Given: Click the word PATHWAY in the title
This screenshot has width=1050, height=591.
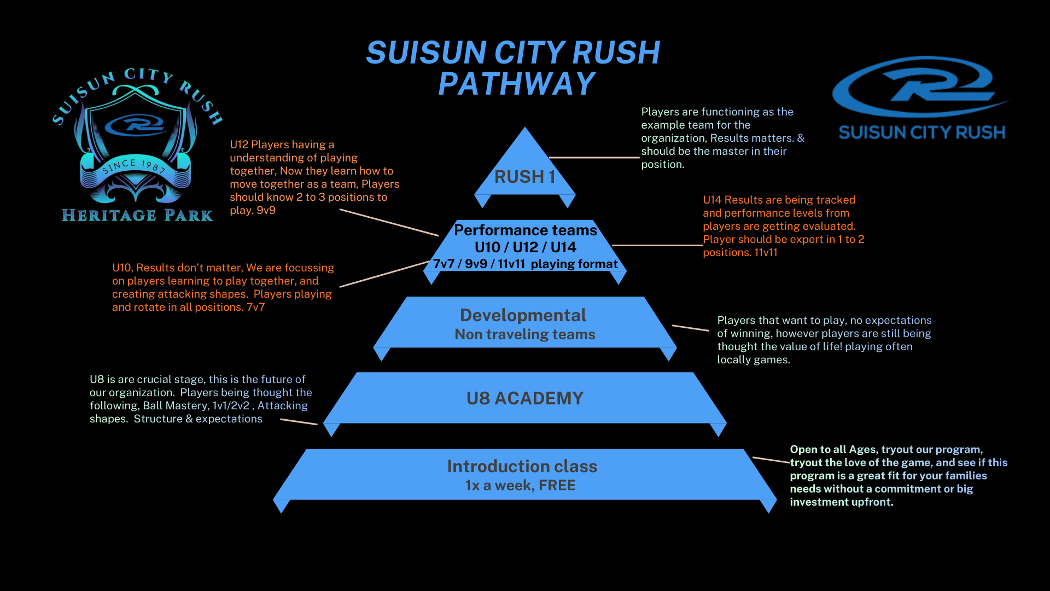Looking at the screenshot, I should click(x=516, y=84).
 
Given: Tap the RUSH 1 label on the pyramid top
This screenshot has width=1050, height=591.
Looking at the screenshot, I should click(x=524, y=177).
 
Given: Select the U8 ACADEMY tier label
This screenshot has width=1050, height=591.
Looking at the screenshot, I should click(x=524, y=398).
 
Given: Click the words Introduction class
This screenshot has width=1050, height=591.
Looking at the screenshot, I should click(x=522, y=466).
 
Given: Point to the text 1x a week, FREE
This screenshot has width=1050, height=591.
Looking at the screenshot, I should click(x=520, y=485).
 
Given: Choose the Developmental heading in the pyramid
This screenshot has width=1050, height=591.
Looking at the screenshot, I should click(x=523, y=315).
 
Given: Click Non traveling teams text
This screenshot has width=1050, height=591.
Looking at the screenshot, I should click(x=524, y=334).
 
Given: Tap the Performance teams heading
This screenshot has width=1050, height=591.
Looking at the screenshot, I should click(x=525, y=230).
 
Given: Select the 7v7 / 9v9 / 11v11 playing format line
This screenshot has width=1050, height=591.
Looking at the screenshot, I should click(x=525, y=264).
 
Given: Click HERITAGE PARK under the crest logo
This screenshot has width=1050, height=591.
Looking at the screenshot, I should click(x=137, y=215).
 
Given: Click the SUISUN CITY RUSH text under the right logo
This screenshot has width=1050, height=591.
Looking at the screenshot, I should click(x=921, y=132).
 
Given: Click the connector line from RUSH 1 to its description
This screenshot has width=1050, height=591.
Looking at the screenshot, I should click(x=594, y=158).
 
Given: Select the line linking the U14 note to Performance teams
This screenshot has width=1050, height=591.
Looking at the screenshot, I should click(x=656, y=245).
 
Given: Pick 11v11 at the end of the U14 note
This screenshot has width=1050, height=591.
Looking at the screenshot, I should click(x=766, y=252).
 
